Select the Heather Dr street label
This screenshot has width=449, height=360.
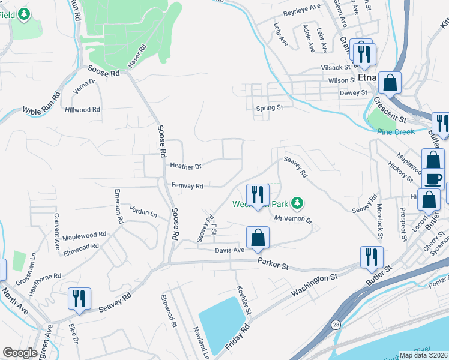point(185,166)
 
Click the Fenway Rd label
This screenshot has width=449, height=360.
point(188,186)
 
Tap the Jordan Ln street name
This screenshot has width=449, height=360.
point(143,212)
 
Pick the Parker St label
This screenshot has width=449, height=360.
point(274,264)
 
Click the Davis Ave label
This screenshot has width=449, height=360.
point(230,250)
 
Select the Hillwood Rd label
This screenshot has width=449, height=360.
point(83,110)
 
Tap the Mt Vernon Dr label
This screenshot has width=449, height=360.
point(293,219)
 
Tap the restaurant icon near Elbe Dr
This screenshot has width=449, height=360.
point(79,298)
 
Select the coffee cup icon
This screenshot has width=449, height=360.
point(435,178)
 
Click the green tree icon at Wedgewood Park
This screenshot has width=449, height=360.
point(296,203)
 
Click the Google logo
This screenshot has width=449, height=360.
point(20,353)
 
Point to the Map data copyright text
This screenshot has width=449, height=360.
point(423,355)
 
